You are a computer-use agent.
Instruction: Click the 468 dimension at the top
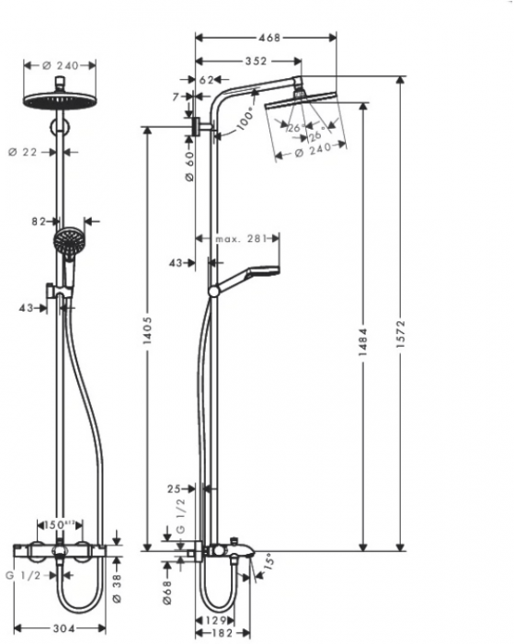[x=268, y=38]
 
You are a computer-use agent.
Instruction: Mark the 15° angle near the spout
[x=268, y=559]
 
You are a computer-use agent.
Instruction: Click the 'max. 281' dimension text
[x=241, y=239]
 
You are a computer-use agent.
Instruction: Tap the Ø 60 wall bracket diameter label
[x=188, y=166]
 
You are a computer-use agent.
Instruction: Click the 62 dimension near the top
[x=206, y=81]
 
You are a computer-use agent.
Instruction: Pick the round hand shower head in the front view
[x=65, y=243]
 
